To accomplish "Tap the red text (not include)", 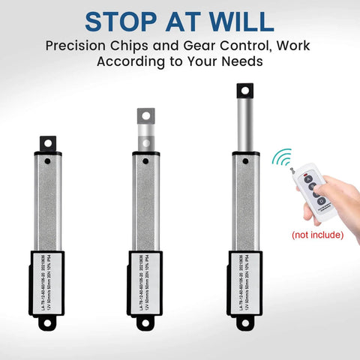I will coord(317,235).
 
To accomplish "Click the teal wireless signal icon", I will coord(283,158).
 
